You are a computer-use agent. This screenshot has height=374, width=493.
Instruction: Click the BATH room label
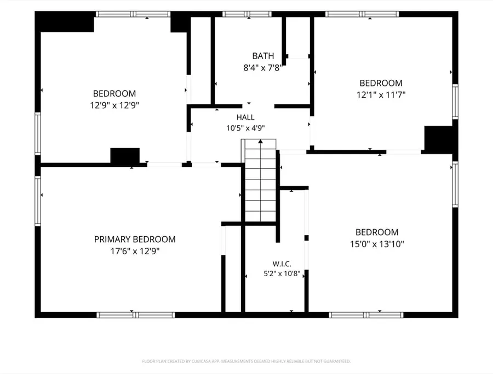pos(263,56)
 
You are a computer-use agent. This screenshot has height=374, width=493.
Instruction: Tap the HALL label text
pos(245,118)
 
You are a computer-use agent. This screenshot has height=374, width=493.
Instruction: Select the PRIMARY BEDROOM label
pos(135,239)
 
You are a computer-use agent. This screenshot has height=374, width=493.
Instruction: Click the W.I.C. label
pos(282,264)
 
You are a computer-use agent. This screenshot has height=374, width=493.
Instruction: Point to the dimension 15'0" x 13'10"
pos(377,244)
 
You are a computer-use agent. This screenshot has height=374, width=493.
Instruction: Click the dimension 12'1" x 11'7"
pos(381,95)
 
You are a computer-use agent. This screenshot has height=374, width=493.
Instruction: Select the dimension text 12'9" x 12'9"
pos(114,105)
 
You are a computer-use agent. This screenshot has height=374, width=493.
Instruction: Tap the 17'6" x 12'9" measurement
pos(135,251)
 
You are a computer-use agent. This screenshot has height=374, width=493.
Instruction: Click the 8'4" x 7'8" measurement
pos(263,67)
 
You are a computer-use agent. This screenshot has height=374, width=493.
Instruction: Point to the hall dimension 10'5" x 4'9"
pos(245,128)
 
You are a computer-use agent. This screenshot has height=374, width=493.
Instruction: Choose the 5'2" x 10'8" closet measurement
pos(282,273)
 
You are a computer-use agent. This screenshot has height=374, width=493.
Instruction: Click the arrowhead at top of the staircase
pos(260,141)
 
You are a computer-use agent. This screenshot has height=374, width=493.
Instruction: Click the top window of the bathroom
pos(247,14)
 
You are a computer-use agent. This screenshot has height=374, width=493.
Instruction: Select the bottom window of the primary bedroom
pos(135,315)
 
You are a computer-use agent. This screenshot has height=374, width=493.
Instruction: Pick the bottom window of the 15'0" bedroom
pos(366,315)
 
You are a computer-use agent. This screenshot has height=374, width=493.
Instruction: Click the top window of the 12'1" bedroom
pos(362,14)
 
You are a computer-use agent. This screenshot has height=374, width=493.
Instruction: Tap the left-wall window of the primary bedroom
pos(38,201)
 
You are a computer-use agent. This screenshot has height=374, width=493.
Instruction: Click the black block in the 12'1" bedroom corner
pos(439,138)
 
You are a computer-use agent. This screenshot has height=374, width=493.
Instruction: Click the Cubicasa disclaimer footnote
pos(246,361)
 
